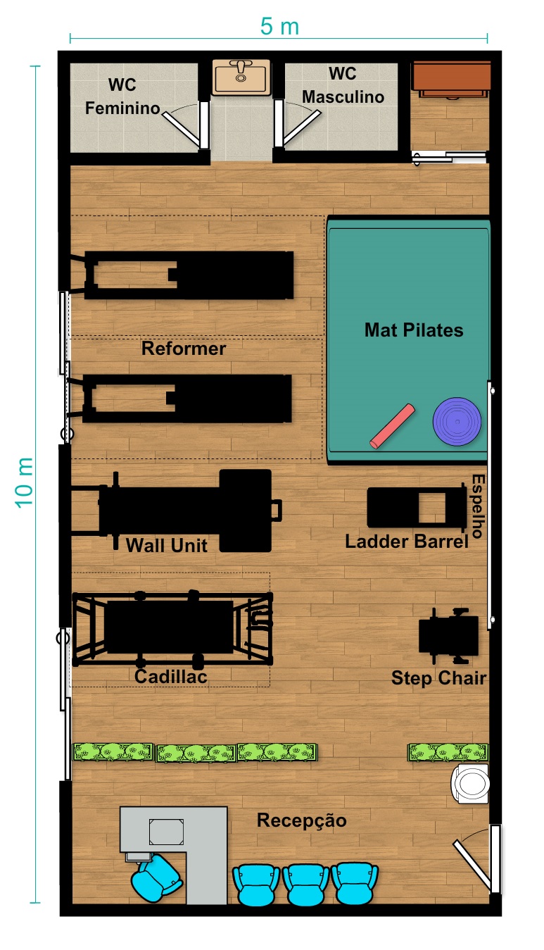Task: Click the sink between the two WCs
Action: click(241, 77)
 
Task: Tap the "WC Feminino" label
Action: click(122, 96)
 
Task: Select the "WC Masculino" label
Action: click(343, 85)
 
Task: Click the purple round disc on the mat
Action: click(457, 421)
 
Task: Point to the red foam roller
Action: click(392, 426)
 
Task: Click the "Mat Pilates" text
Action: click(414, 330)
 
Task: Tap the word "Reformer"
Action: click(184, 348)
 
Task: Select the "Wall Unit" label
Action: click(167, 545)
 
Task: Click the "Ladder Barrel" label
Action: click(407, 541)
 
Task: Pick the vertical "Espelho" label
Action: click(477, 506)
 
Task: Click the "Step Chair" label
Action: click(438, 677)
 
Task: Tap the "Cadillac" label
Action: click(171, 677)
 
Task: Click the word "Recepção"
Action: click(302, 820)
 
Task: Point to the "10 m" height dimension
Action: click(24, 482)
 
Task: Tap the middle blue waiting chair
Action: click(305, 885)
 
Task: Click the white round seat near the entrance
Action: click(470, 784)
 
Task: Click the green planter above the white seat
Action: click(448, 752)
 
